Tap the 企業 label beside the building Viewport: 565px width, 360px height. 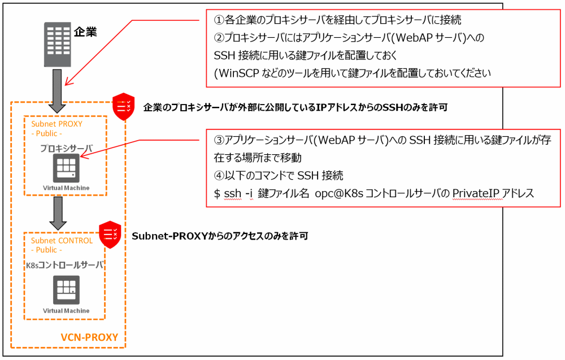(85, 32)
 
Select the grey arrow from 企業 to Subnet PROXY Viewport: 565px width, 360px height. (57, 88)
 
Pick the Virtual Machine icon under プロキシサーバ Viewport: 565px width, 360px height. (65, 167)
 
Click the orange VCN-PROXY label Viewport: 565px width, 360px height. (89, 337)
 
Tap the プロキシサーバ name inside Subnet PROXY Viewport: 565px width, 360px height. (66, 148)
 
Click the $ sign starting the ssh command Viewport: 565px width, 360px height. (217, 194)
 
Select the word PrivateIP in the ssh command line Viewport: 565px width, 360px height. (473, 194)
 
